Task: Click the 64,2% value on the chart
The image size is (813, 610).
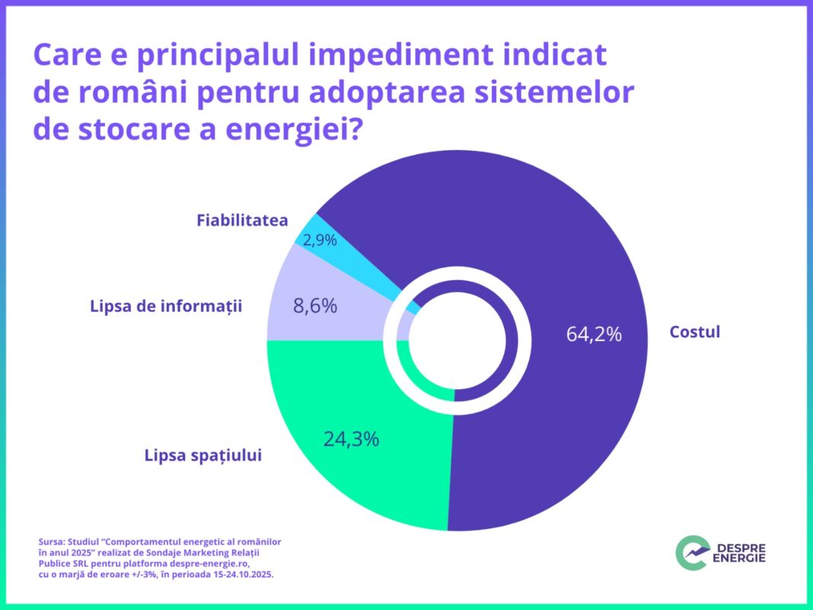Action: [594, 334]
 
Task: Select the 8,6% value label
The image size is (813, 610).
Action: [314, 306]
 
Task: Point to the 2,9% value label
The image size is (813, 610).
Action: [320, 240]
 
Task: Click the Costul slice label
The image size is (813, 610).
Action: [694, 332]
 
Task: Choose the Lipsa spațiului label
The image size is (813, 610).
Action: [203, 455]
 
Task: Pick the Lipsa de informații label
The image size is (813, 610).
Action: [165, 307]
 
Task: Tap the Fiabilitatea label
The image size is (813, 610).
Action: [242, 221]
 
